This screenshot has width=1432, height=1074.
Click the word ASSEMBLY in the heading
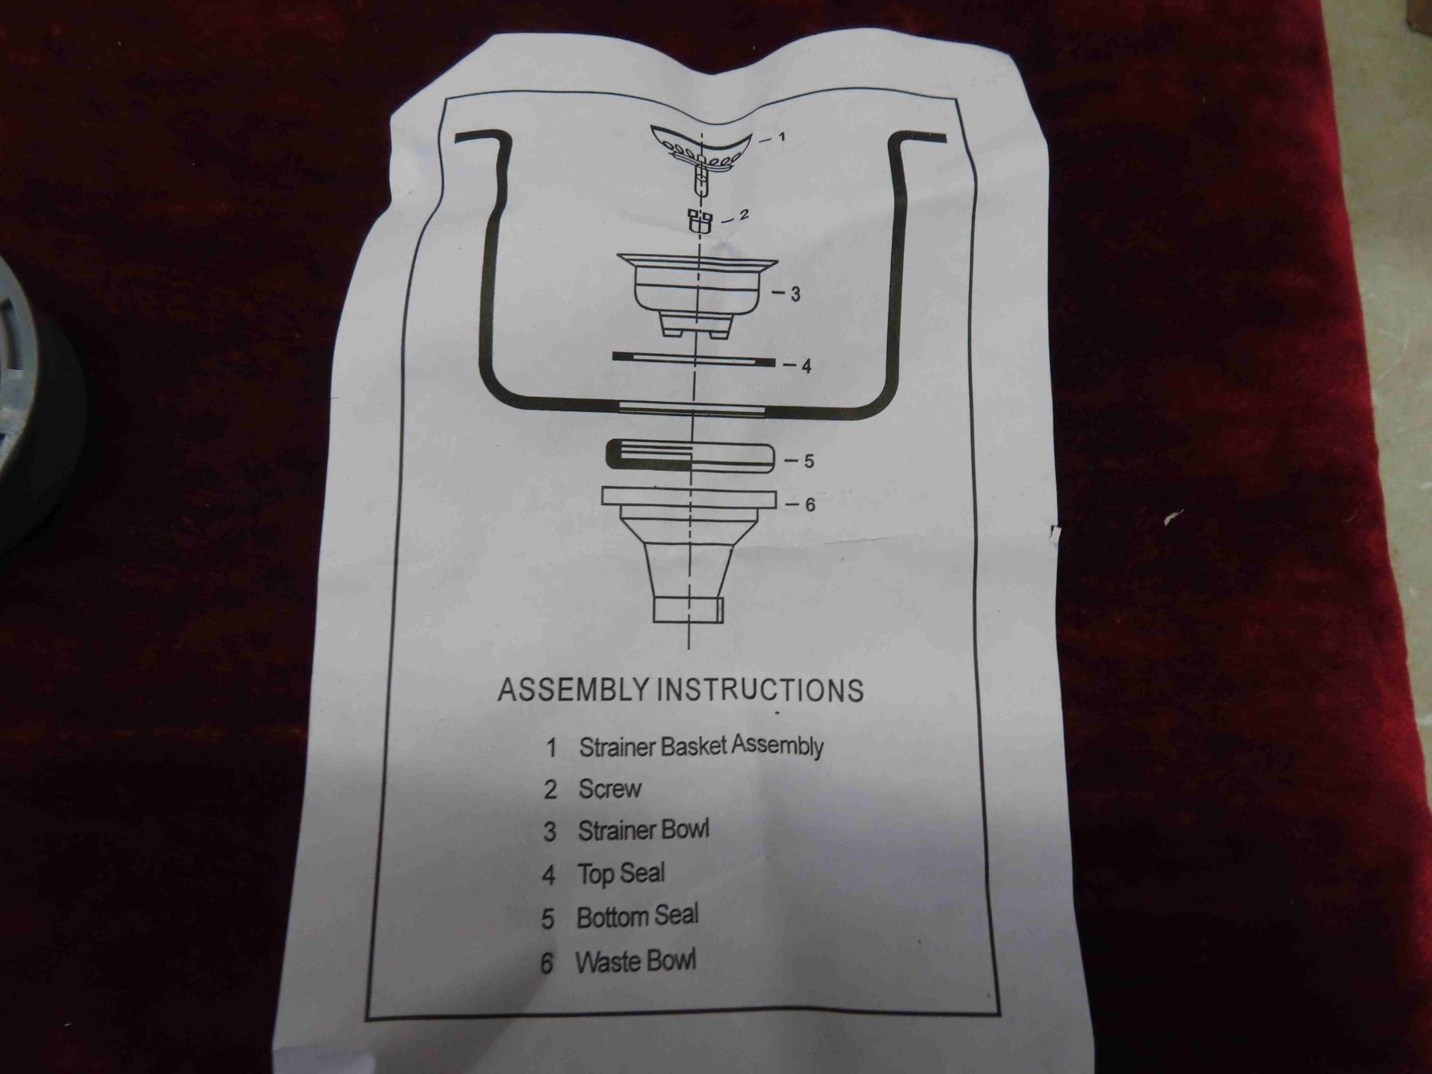[572, 689]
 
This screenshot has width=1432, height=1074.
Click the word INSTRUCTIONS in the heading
[760, 689]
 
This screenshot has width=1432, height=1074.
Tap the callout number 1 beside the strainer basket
[781, 137]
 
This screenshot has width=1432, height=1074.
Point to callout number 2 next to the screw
[744, 215]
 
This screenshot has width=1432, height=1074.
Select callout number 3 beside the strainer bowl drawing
[795, 294]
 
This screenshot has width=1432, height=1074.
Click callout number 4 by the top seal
[806, 366]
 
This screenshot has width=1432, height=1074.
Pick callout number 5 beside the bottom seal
[808, 461]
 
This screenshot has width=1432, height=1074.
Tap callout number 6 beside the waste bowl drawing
[810, 504]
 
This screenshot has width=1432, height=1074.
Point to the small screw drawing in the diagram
[699, 220]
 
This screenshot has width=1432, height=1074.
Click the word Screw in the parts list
[609, 788]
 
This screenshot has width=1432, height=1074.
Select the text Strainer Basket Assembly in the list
[701, 746]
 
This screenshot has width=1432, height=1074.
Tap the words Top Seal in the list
[621, 874]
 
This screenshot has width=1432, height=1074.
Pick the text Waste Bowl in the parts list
[635, 961]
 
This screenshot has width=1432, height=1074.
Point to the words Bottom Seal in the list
[637, 916]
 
